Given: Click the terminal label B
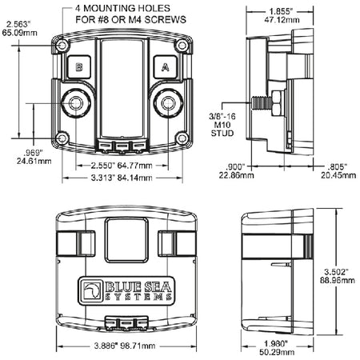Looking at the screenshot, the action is [x=79, y=67].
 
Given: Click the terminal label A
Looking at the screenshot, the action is [x=166, y=67].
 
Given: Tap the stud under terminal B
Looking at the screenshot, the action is [x=76, y=103].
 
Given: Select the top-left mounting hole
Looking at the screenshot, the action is [x=62, y=46].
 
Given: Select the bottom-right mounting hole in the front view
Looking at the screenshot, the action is [x=182, y=138].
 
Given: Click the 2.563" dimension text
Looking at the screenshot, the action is [x=18, y=24].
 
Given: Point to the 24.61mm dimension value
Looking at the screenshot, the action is [x=34, y=161].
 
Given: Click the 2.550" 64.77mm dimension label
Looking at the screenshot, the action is [x=122, y=166].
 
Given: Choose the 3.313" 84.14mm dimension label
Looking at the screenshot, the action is [x=122, y=178].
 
